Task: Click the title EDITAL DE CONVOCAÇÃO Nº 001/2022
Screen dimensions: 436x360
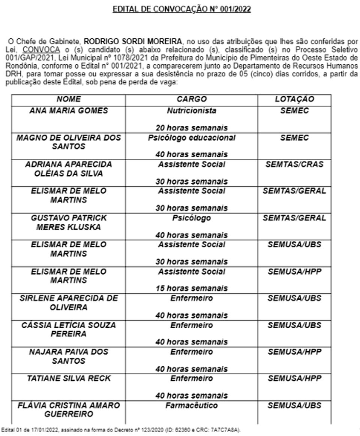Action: click(x=182, y=9)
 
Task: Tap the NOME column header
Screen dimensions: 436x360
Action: click(x=69, y=99)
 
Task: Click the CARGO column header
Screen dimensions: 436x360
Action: click(x=192, y=99)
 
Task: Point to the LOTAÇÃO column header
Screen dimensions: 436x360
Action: click(x=294, y=99)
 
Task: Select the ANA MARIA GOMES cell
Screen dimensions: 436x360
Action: click(x=69, y=111)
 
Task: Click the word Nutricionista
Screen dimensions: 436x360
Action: click(x=192, y=111)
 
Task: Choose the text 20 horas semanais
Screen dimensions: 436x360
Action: click(x=192, y=128)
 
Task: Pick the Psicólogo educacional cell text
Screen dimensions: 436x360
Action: click(x=192, y=138)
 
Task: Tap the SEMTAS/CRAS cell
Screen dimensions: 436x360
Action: click(x=294, y=164)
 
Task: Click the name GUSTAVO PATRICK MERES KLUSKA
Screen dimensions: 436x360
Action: click(x=69, y=222)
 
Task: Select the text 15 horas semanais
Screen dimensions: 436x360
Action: click(x=192, y=288)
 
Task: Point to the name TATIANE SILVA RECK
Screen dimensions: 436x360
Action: click(x=69, y=379)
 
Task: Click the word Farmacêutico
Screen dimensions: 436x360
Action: click(x=192, y=406)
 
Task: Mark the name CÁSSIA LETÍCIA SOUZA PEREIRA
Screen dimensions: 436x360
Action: click(x=69, y=329)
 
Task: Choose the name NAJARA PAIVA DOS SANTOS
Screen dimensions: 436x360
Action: click(x=69, y=356)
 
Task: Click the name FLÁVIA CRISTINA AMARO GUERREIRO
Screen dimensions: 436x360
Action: click(x=69, y=410)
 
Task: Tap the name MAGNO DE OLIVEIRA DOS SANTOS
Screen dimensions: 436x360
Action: click(x=69, y=142)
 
